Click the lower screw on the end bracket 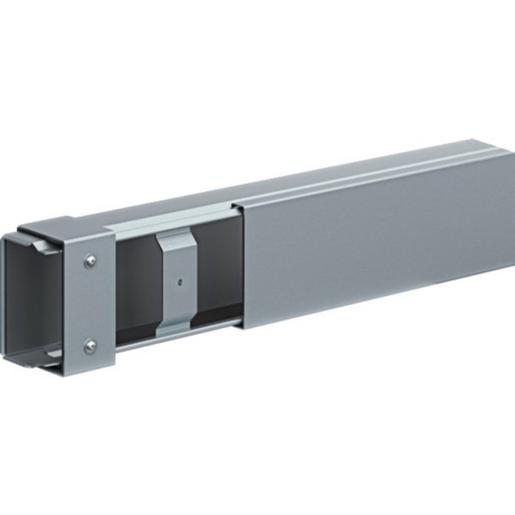(91, 345)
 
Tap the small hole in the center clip (179, 280)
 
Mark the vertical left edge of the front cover (239, 265)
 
